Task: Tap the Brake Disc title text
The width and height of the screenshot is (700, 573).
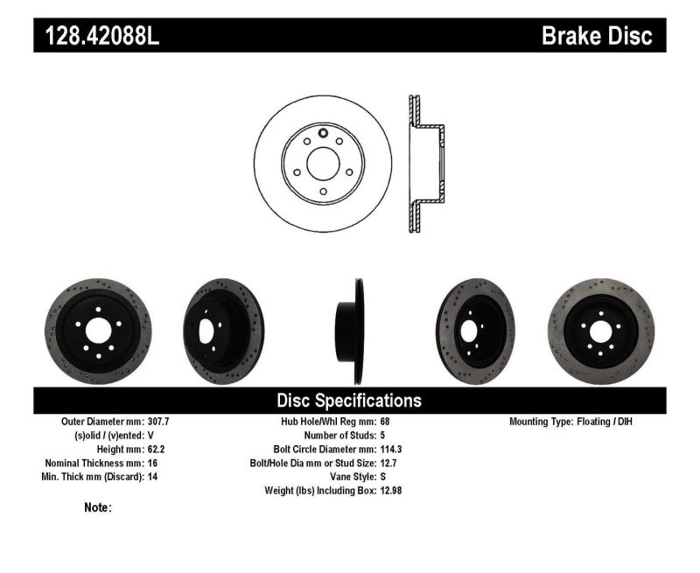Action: (597, 36)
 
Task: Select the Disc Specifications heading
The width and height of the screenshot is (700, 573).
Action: (349, 401)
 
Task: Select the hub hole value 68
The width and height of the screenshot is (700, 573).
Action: (386, 421)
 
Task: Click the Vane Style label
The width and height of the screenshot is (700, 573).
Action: (346, 477)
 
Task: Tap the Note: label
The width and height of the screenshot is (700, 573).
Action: (97, 507)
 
